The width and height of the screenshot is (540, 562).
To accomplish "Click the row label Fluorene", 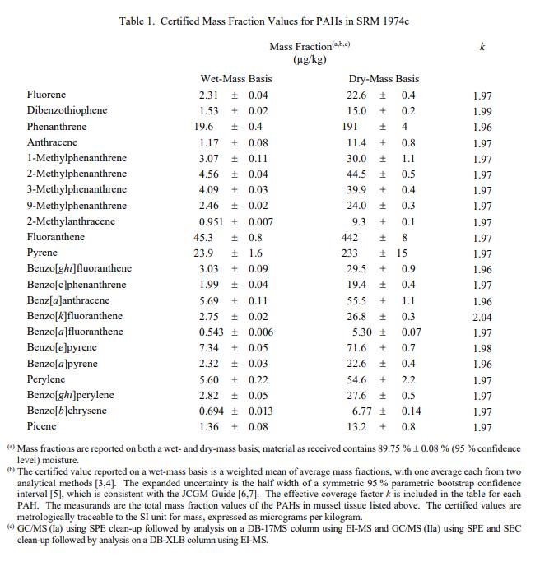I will (x=46, y=95).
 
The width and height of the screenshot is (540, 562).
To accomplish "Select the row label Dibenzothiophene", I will (x=67, y=111).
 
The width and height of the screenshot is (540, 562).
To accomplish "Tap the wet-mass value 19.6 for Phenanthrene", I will (x=203, y=127).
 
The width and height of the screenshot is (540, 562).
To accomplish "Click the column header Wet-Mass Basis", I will (x=236, y=79).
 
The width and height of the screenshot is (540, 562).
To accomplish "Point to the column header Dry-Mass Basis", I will (x=384, y=79).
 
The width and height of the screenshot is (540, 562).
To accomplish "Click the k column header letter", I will (x=482, y=48).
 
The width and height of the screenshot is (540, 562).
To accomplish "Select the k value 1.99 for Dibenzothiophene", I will (x=482, y=111).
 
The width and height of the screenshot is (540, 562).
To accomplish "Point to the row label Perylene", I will (x=47, y=380).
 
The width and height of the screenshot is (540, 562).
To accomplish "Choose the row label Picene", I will (x=42, y=427).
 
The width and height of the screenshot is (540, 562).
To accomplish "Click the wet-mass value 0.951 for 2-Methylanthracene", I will (x=213, y=222).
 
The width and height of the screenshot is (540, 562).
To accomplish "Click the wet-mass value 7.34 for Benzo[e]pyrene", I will (x=209, y=348).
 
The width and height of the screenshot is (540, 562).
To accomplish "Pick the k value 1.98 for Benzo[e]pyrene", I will (x=482, y=348).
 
